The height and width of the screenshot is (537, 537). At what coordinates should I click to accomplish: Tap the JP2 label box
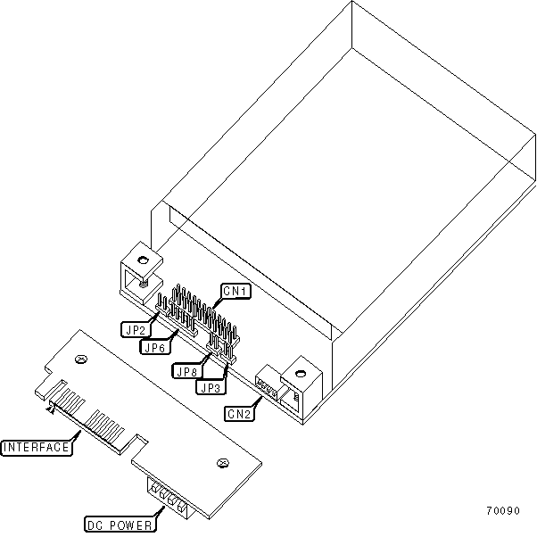pyautogui.click(x=135, y=328)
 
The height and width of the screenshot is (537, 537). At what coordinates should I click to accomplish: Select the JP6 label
pyautogui.click(x=155, y=347)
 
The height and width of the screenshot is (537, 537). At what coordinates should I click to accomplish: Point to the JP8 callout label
pyautogui.click(x=187, y=372)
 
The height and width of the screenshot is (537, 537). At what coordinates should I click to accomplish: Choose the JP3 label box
pyautogui.click(x=211, y=388)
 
